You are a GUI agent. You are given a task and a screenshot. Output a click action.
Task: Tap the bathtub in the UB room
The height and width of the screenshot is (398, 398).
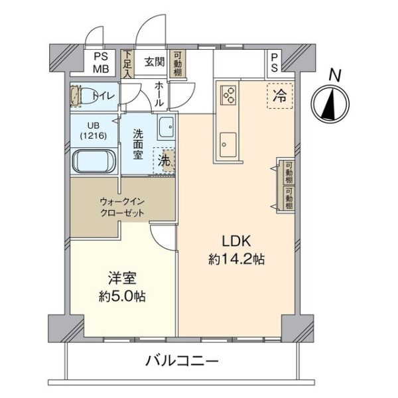(94, 161)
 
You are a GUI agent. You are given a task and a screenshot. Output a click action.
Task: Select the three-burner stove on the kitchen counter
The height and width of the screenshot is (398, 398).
(228, 94)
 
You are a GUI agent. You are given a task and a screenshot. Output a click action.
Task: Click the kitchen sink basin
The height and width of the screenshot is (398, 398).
(228, 145)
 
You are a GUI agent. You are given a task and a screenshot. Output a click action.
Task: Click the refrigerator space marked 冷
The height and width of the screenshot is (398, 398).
(280, 96)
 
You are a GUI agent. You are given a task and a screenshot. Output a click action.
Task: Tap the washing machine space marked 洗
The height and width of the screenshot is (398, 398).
(165, 161)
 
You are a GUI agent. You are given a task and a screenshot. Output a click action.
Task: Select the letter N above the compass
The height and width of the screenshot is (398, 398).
(334, 75)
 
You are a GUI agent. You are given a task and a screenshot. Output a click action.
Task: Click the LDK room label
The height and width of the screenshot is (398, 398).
(237, 241)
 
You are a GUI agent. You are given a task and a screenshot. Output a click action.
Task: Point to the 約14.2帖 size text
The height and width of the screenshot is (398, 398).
(237, 259)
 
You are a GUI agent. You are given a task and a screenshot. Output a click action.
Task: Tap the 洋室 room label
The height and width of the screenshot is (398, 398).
(122, 278)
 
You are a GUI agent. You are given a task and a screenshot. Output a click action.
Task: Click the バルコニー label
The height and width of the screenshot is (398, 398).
(182, 361)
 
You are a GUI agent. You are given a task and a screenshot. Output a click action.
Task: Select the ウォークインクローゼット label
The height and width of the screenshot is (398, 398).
(122, 208)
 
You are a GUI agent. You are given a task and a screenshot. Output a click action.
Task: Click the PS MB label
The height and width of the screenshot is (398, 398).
(101, 62)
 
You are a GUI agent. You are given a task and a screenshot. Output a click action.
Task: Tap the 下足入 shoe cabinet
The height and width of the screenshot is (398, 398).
(127, 64)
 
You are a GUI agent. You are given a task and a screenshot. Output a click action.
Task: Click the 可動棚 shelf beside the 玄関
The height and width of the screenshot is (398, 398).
(177, 64)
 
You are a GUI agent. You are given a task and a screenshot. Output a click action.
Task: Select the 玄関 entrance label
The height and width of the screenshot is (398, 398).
(155, 62)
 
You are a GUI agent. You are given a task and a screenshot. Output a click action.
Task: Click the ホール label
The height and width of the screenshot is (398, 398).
(159, 94)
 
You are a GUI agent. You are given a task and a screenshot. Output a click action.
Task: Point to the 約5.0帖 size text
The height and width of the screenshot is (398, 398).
(122, 296)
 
